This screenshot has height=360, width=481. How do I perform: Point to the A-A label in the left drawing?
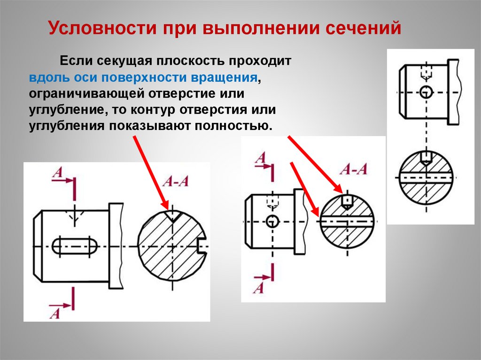click(176, 182)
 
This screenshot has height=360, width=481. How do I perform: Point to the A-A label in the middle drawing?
click(353, 169)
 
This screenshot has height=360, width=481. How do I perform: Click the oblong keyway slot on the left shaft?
click(74, 246)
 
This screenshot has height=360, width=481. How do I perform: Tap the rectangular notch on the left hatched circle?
click(203, 246)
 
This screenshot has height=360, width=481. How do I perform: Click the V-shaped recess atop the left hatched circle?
click(172, 215)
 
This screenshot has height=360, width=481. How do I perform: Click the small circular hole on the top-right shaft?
click(426, 92)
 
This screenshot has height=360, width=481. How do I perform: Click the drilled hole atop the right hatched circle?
click(426, 157)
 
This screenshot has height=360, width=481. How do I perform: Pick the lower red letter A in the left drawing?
click(55, 313)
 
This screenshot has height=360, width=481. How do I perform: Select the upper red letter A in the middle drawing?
click(260, 158)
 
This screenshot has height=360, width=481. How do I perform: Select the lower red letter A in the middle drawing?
click(258, 287)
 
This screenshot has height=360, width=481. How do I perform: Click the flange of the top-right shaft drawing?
click(453, 92)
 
